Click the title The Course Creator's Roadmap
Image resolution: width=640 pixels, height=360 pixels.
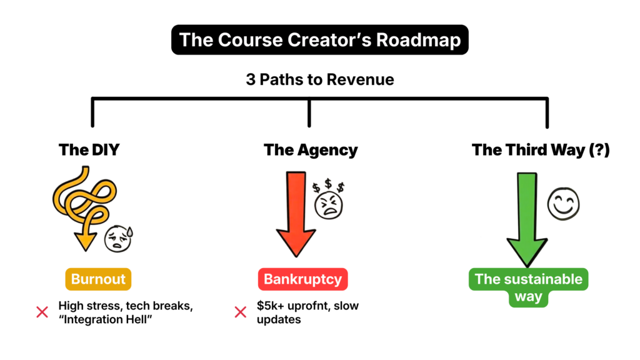click(x=319, y=40)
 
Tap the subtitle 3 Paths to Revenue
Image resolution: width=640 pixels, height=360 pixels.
click(x=319, y=80)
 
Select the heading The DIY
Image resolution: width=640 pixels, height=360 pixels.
click(x=89, y=150)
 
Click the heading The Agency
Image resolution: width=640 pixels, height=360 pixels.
click(x=311, y=150)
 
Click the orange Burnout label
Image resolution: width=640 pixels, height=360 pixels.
click(x=98, y=279)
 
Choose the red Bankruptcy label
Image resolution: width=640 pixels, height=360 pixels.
click(x=302, y=279)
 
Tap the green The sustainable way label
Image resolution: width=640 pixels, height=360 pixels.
click(x=528, y=287)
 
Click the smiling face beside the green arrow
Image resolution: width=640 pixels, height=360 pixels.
click(x=564, y=204)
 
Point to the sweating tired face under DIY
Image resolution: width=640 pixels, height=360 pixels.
click(x=118, y=238)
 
